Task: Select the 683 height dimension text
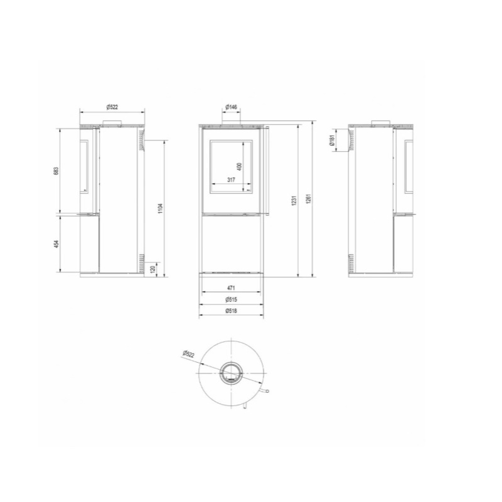(x=56, y=171)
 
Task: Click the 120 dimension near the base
(x=152, y=269)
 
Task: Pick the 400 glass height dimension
(x=240, y=166)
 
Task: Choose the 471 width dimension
(x=232, y=289)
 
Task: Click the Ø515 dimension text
(x=232, y=300)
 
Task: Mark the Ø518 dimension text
(x=232, y=311)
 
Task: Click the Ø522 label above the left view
(x=112, y=107)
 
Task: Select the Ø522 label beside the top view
(x=189, y=355)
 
